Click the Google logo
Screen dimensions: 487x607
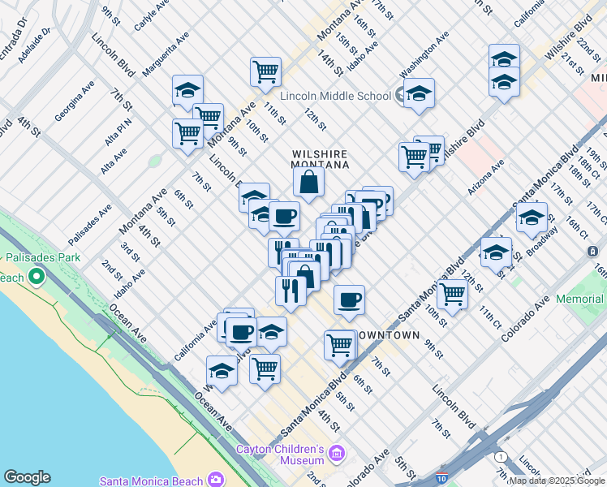[27, 477]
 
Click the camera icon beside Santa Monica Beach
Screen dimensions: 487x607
[216, 480]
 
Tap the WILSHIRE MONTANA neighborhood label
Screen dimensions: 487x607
[320, 159]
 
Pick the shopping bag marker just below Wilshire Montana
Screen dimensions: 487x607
[309, 183]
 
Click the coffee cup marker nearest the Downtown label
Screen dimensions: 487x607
[349, 300]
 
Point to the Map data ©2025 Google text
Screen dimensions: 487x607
[557, 481]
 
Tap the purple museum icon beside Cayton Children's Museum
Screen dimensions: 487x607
[338, 451]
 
